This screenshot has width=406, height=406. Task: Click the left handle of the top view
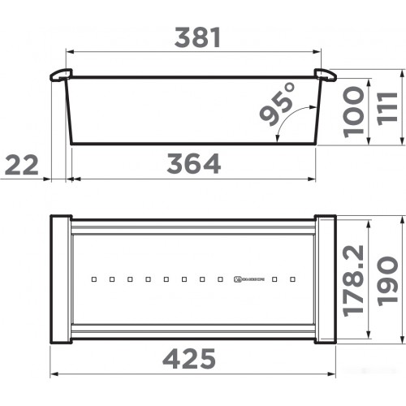pos(61,279)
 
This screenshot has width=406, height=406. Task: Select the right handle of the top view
pos(325,279)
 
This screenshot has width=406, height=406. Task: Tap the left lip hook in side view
pos(58,76)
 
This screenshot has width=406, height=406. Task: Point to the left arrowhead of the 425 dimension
pos(55,374)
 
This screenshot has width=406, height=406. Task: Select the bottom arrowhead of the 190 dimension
pos(402,339)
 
